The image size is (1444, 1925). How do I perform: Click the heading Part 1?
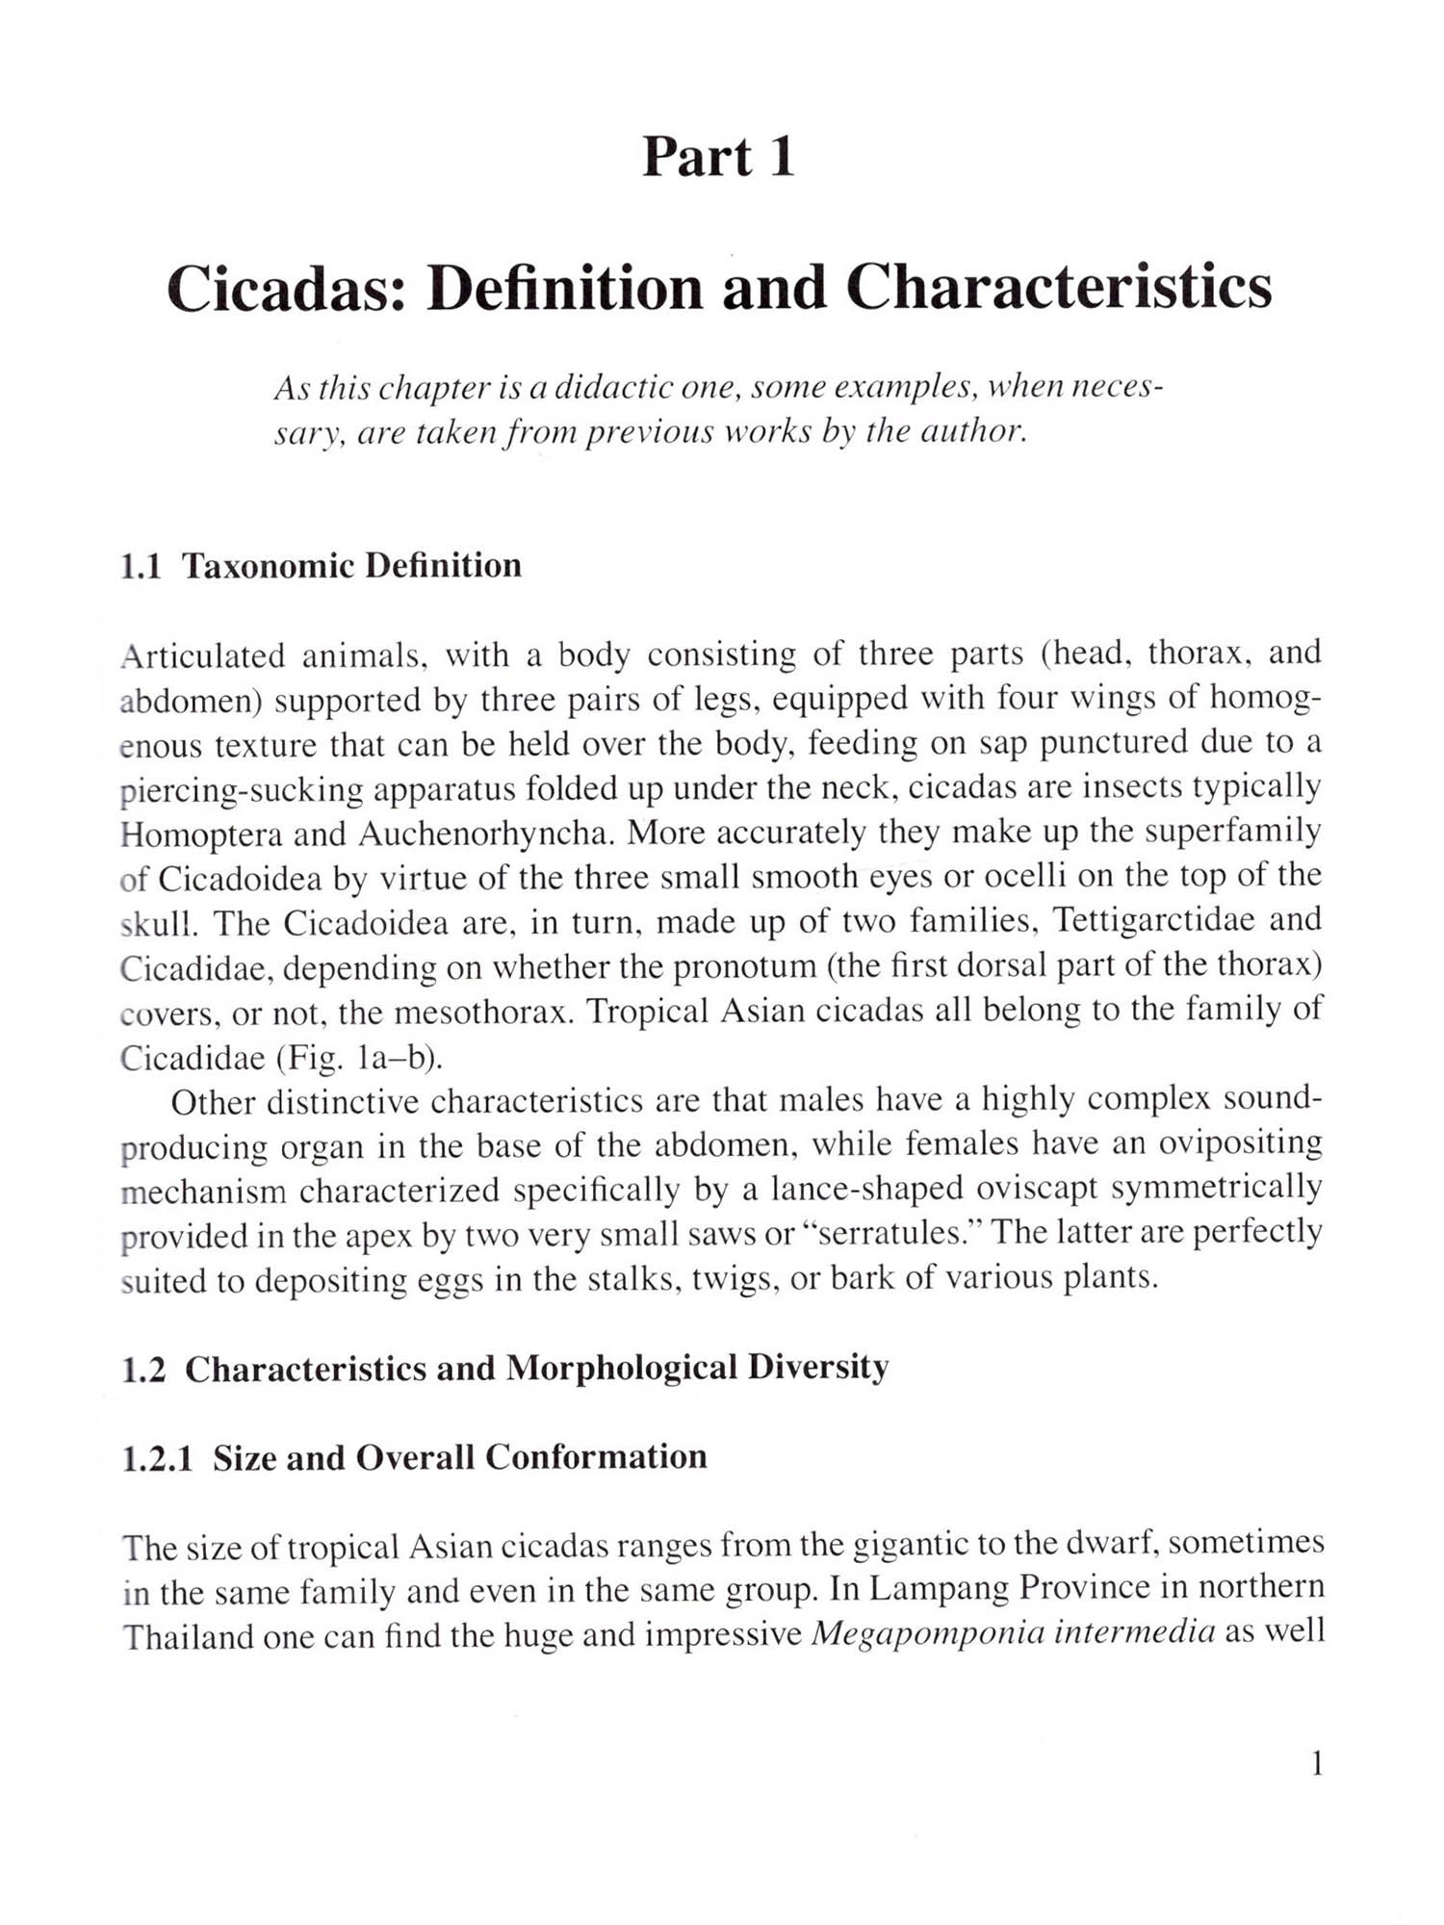[718, 158]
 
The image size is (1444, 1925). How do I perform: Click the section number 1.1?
[141, 567]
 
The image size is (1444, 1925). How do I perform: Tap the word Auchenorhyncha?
[486, 834]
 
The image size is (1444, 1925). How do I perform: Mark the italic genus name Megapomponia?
[927, 1634]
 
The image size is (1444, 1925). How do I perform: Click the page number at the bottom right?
[1317, 1764]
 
